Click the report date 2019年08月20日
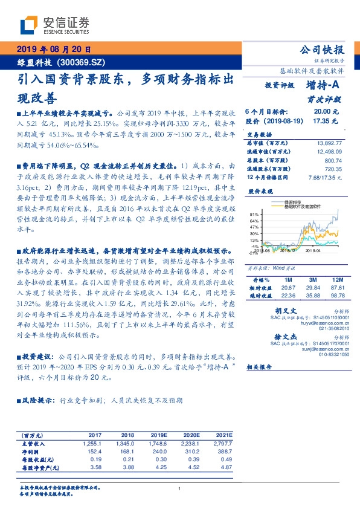pos(53,50)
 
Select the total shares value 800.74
pos(333,160)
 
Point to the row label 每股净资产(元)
pos(42,467)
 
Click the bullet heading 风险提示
pos(36,400)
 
